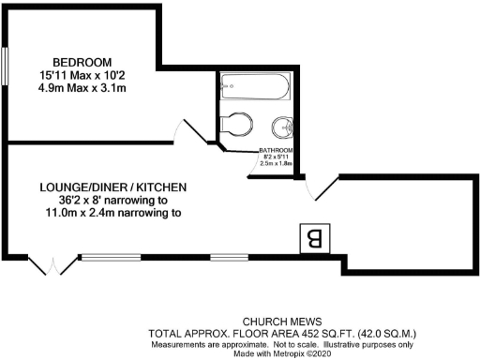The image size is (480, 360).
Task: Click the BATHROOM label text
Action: click(277, 150)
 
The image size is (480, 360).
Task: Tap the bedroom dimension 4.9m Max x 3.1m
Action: click(82, 87)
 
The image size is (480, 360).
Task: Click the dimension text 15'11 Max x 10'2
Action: click(82, 73)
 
